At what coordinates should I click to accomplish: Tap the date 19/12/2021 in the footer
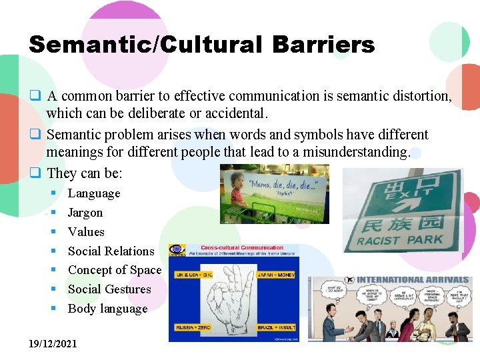coord(53,344)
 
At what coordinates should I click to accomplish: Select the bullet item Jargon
coord(85,213)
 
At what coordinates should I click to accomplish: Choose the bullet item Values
coord(86,232)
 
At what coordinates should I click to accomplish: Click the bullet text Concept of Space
coord(115,270)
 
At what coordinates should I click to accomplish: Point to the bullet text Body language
coord(107,309)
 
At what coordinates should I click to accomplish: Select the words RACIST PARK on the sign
coord(400,239)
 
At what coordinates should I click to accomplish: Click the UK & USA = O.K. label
coord(193,274)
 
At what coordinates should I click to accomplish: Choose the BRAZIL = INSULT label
coord(276,328)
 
